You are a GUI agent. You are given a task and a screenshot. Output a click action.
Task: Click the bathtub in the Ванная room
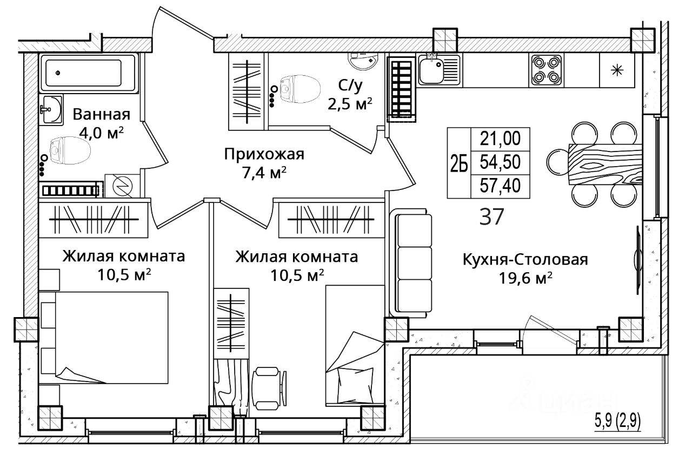[88, 73]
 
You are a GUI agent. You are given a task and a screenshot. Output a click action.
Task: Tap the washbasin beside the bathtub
[51, 109]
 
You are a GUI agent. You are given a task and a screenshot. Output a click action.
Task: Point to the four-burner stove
[546, 70]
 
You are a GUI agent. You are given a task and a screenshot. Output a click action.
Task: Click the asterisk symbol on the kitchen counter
[617, 70]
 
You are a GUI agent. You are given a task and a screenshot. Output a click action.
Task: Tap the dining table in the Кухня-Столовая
[605, 164]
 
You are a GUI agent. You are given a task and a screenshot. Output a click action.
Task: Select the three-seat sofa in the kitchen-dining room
[411, 263]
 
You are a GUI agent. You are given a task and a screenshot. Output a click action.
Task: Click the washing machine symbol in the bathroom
[122, 186]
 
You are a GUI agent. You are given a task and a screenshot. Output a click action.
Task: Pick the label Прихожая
[264, 154]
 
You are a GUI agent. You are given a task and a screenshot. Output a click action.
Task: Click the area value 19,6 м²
[525, 278]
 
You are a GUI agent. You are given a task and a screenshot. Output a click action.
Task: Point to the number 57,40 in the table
[500, 186]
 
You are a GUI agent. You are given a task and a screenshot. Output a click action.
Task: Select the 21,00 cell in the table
[500, 138]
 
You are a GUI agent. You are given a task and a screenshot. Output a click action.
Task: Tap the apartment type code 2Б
[459, 163]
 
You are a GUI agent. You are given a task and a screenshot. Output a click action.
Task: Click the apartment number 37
[491, 217]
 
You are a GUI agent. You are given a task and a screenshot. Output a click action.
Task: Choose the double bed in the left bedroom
[104, 338]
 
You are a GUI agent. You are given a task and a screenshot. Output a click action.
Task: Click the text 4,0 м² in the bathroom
[101, 133]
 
